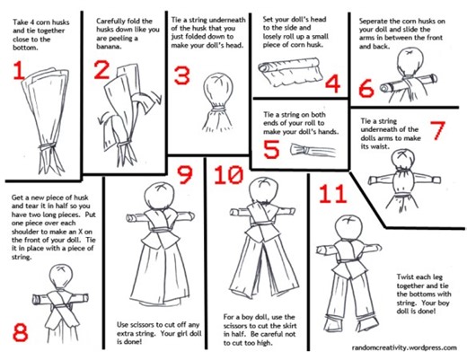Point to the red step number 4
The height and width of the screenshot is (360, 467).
[x=333, y=85]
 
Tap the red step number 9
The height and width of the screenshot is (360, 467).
[x=186, y=175]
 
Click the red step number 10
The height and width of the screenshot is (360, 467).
[x=233, y=174]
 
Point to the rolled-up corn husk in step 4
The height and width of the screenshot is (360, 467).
[x=291, y=66]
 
